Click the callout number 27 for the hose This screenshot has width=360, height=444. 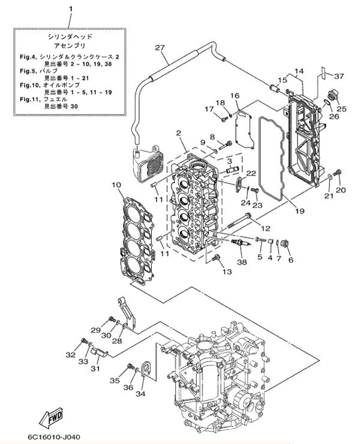pos(160,47)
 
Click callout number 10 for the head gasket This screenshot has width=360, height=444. pos(116,185)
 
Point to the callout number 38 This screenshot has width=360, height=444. pos(242,262)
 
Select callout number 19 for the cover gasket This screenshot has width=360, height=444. pos(300,211)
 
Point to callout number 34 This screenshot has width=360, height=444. pos(140,394)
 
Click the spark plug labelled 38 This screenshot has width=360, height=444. pos(240,242)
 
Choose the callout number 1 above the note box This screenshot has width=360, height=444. pos(71,10)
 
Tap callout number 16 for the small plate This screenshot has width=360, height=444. pos(235,95)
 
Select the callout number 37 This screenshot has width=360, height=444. pos(339,76)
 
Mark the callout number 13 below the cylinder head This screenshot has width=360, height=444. pos(227,272)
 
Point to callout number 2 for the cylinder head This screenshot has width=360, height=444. pos(178,133)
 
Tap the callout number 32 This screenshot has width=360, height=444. pos(71,355)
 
